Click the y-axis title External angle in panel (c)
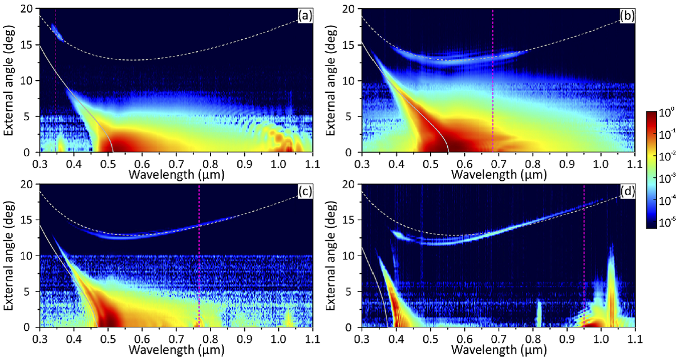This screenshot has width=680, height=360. pyautogui.click(x=9, y=255)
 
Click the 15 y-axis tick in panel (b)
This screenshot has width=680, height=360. pyautogui.click(x=351, y=45)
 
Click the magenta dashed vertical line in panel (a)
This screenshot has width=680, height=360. pyautogui.click(x=55, y=80)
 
